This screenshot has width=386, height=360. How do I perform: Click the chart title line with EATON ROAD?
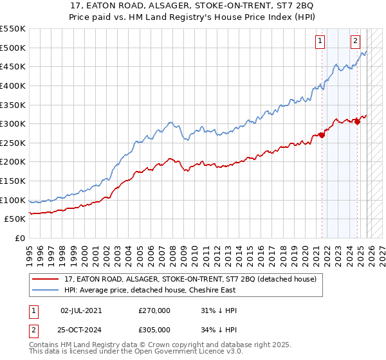pos(193,6)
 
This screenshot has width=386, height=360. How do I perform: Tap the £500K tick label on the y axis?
pos(13,48)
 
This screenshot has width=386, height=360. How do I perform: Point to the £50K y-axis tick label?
pos(15,219)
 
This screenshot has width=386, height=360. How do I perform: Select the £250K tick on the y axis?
pos(13,143)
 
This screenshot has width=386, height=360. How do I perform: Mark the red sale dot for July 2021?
pos(322,135)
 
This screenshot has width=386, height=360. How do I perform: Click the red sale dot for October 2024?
pos(358,122)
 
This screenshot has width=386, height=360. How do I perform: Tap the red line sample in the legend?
pos(46,280)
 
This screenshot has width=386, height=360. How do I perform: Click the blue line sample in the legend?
pos(46,291)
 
